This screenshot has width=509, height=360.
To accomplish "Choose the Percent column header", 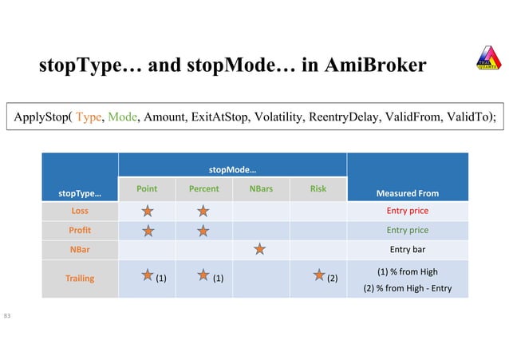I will tap(203, 189).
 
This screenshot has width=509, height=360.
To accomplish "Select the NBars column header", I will tap(259, 189).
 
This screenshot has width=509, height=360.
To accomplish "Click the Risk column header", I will tap(318, 189).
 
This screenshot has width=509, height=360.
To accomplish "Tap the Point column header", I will tap(147, 189).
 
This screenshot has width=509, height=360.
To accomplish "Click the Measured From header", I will tap(408, 193).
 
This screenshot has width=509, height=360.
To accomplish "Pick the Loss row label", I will tap(80, 211).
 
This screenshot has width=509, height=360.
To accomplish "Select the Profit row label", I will tap(80, 230).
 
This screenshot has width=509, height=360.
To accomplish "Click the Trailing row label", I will tap(80, 279).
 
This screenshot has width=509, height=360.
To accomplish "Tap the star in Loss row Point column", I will tap(147, 211).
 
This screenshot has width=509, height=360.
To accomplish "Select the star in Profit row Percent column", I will tap(203, 231).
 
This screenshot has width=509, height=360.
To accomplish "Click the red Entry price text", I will tap(408, 211).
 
